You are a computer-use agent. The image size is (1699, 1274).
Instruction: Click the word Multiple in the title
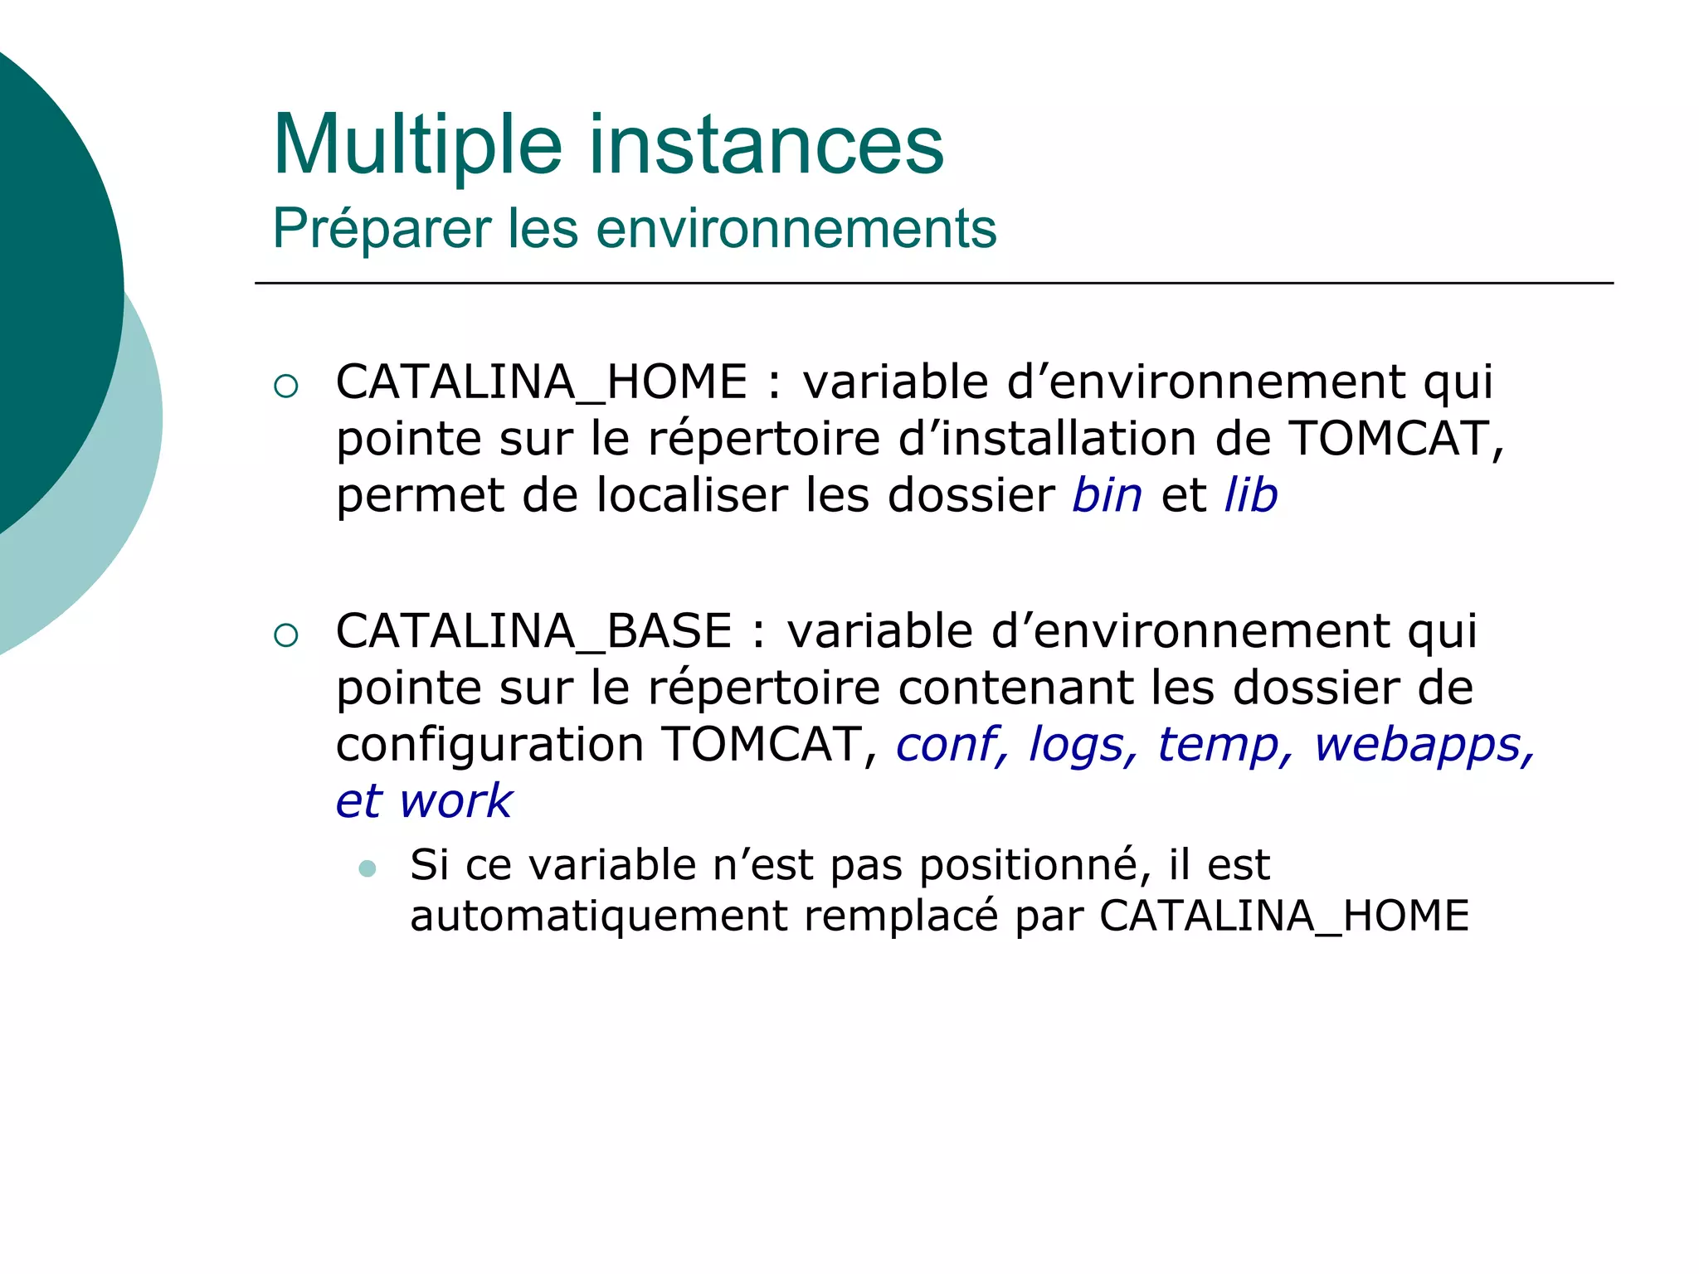(417, 146)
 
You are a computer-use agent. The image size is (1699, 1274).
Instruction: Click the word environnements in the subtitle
(796, 229)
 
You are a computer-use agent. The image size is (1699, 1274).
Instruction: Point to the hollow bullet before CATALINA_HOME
(285, 386)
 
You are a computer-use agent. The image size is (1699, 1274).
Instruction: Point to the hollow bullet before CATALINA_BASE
(285, 635)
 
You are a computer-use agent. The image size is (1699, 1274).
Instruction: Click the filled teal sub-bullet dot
(368, 869)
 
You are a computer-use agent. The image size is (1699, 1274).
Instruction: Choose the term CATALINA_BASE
(534, 632)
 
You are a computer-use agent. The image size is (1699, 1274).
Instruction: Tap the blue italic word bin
(1107, 496)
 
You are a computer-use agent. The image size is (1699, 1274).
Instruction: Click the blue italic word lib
(1251, 496)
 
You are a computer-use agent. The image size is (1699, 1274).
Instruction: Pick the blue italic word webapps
(1419, 745)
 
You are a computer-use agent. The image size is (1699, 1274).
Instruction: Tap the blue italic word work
(456, 802)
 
